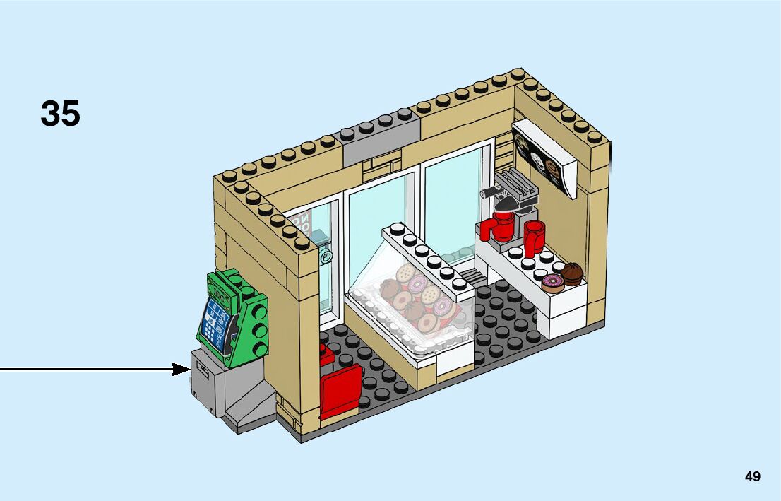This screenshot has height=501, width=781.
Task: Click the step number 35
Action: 61,113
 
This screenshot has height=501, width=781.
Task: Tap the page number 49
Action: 752,476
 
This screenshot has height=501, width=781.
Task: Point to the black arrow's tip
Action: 189,369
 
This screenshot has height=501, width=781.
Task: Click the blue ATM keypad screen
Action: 218,322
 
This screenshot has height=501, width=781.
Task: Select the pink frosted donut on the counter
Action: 552,283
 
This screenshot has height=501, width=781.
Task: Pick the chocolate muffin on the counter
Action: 571,273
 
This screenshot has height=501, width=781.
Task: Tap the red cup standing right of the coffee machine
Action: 535,237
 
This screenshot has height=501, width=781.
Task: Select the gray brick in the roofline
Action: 381,138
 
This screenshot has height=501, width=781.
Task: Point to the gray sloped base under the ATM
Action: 247,406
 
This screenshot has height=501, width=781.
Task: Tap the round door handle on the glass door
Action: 326,257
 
